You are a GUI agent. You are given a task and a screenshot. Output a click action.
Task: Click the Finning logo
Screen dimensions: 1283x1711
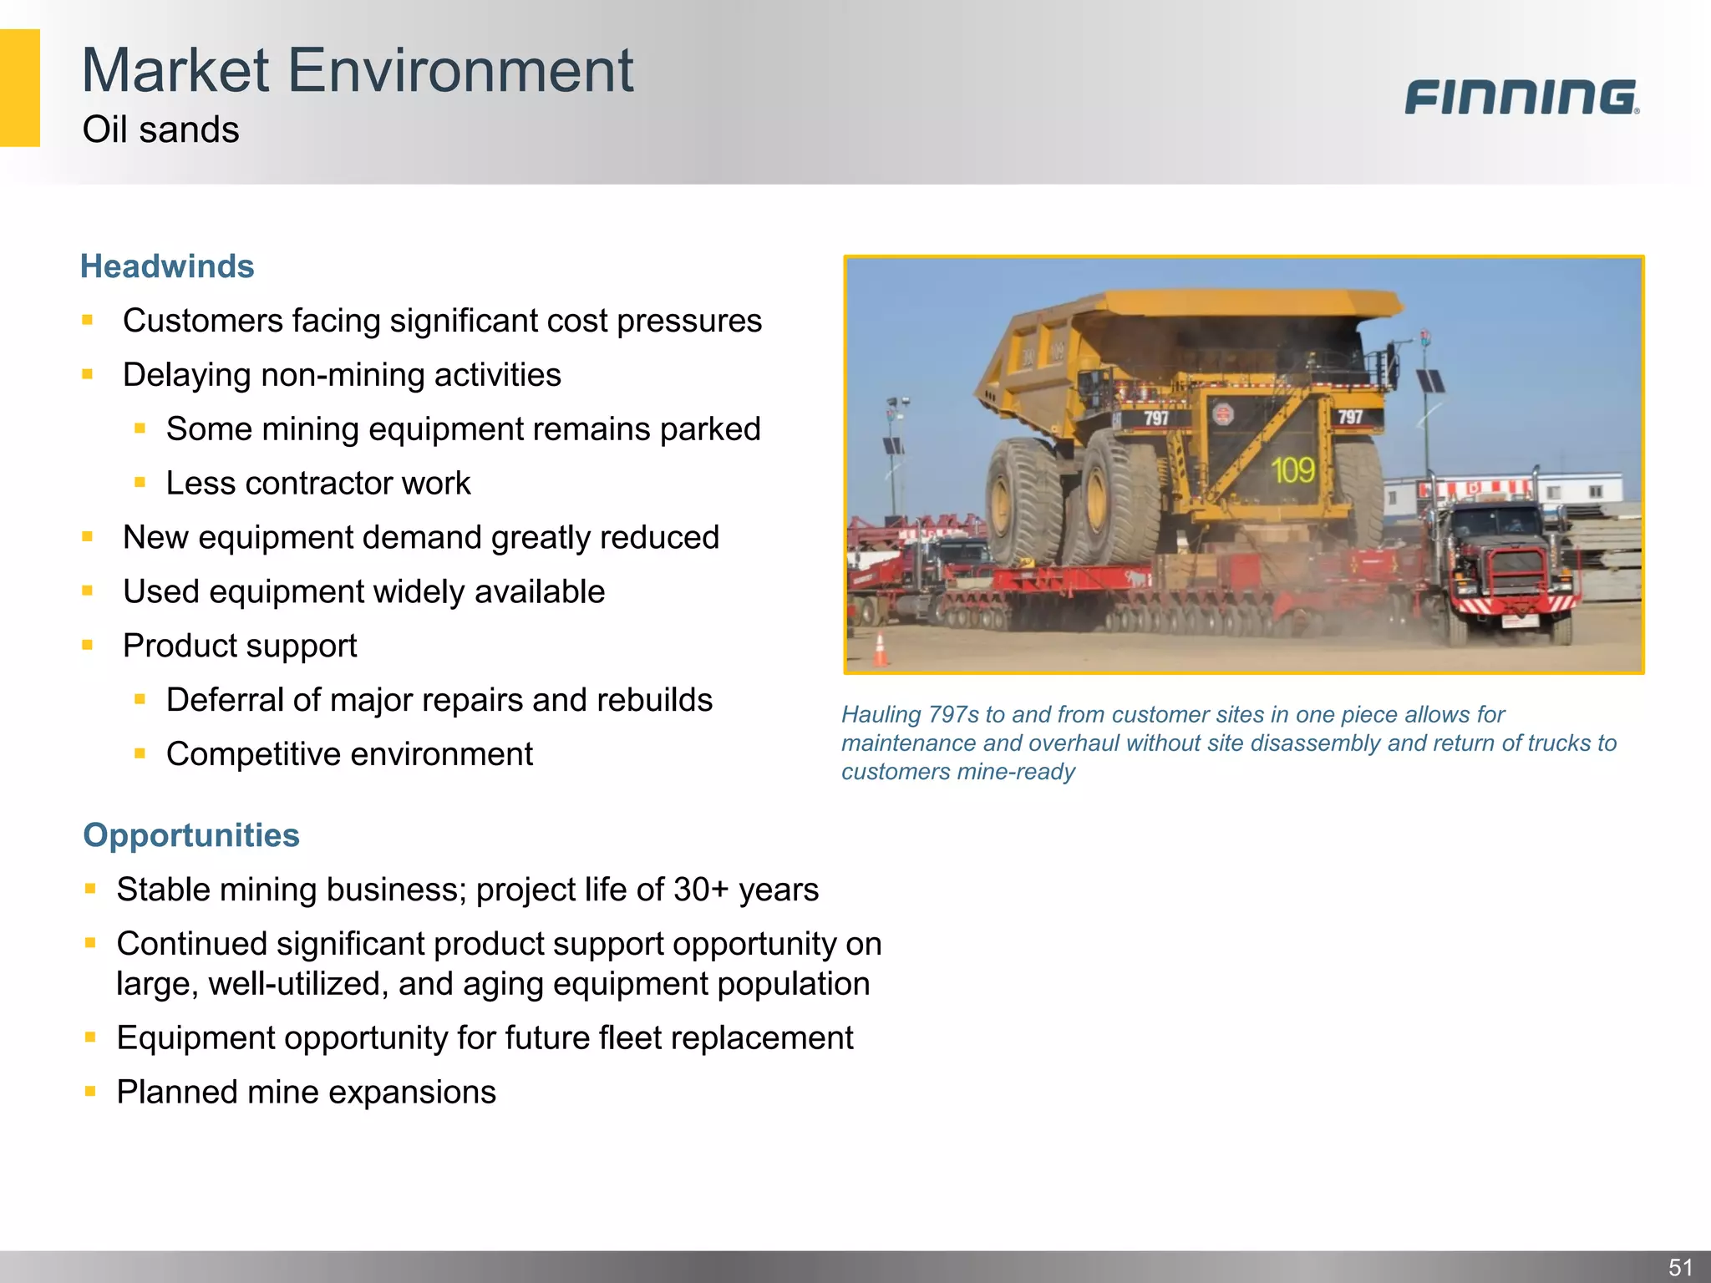tap(1521, 97)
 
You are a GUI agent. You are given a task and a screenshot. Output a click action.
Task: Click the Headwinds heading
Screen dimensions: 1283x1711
tap(167, 266)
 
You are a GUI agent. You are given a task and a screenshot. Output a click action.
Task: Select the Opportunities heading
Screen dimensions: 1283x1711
tap(191, 835)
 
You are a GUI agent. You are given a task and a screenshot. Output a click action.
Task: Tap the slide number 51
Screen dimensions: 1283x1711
tap(1680, 1266)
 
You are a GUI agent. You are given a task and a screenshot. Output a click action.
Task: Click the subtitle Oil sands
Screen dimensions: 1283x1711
tap(160, 130)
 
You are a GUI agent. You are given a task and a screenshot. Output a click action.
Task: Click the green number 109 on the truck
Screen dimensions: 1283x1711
tap(1292, 470)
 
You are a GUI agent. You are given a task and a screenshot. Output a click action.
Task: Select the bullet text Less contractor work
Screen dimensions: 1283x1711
tap(317, 484)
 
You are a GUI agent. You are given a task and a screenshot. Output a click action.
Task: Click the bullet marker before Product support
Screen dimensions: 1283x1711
tap(88, 645)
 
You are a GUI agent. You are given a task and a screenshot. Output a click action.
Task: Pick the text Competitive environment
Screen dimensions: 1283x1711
tap(349, 754)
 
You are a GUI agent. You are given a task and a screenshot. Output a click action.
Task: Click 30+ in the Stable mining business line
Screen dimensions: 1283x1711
tap(701, 890)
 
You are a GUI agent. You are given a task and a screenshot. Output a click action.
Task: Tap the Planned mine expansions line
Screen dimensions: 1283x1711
tap(306, 1093)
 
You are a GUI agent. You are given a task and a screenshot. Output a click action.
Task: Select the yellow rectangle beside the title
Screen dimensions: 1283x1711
tap(19, 88)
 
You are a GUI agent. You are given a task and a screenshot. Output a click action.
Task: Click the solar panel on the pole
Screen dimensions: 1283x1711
tap(1430, 382)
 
